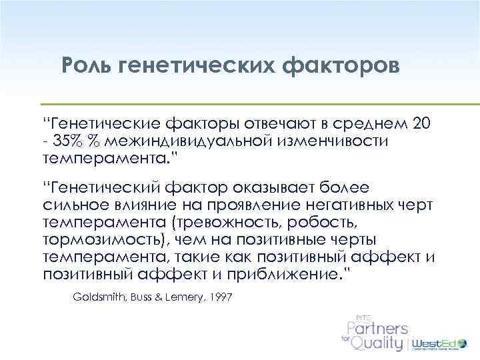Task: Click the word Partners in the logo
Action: click(x=377, y=328)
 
